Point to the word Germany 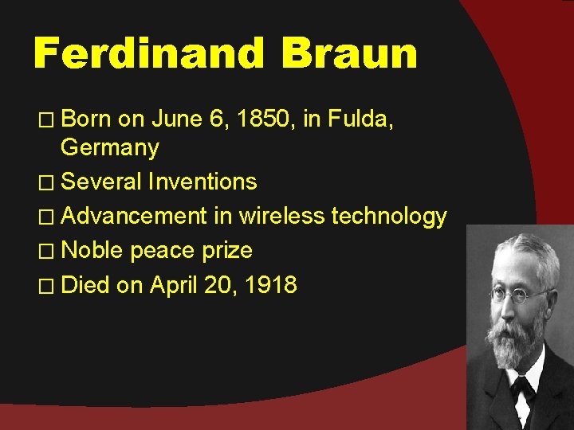[x=110, y=148]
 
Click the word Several [x=101, y=182]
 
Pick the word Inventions [x=202, y=182]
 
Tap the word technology [x=389, y=217]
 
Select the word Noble [x=92, y=250]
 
